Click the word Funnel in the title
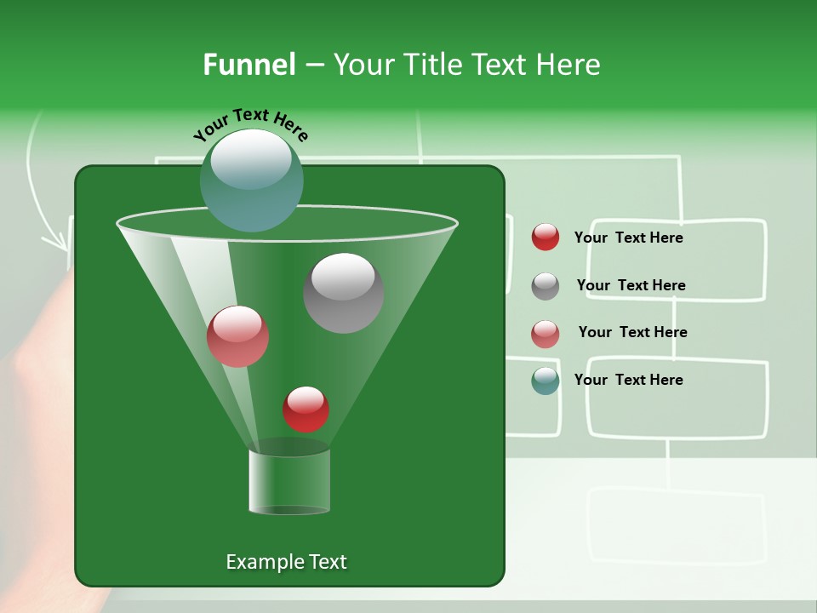(249, 65)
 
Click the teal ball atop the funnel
(252, 180)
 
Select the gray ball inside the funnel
(344, 292)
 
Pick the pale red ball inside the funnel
(238, 336)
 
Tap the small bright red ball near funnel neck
(306, 409)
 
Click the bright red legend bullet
(546, 238)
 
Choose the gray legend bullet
(546, 286)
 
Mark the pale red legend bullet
(546, 334)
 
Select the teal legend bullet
(546, 381)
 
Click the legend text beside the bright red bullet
(628, 238)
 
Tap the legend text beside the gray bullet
(631, 285)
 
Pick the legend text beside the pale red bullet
(632, 332)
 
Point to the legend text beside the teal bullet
(628, 380)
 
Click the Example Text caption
(286, 562)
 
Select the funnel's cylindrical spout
(289, 481)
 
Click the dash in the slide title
(313, 66)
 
